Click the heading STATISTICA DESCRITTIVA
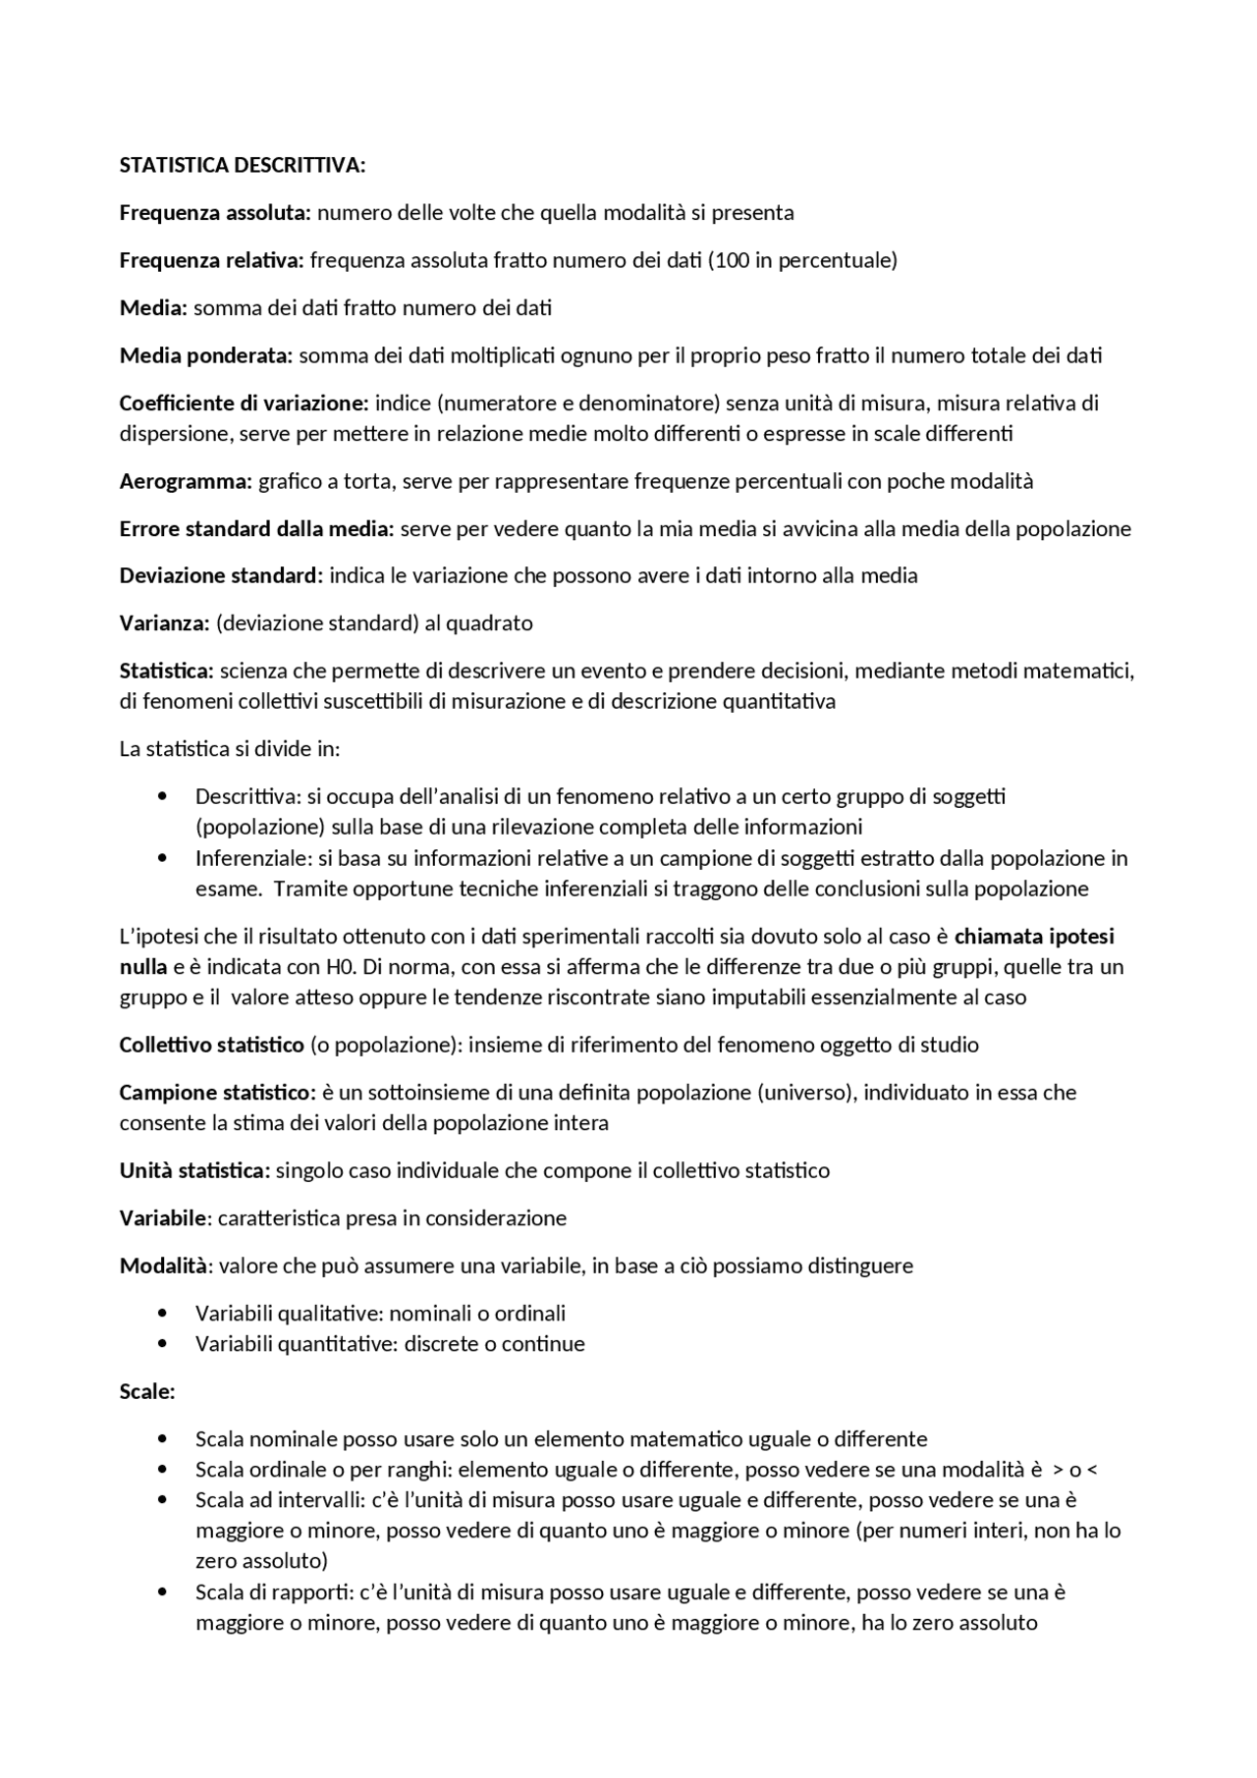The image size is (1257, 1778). click(242, 165)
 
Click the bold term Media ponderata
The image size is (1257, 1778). click(205, 355)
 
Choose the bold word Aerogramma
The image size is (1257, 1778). click(186, 481)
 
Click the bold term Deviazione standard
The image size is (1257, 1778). click(220, 575)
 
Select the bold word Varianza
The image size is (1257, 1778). click(164, 623)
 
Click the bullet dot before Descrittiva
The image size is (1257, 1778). click(163, 796)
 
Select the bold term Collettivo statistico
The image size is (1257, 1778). click(211, 1045)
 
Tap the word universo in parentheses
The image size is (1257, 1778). click(803, 1093)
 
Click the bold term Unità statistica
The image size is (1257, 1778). click(193, 1170)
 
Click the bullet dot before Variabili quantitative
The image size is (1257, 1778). click(163, 1344)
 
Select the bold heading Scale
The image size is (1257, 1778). click(146, 1391)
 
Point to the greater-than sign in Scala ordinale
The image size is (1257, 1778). click(1058, 1471)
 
